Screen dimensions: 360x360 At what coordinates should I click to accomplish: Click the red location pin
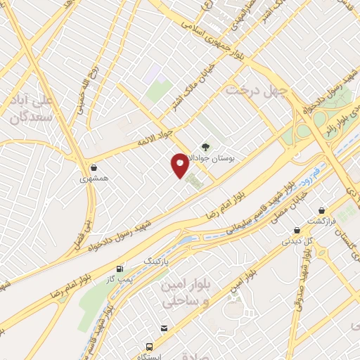tap(180, 165)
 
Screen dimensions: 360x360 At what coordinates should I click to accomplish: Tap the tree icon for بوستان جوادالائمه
tap(205, 147)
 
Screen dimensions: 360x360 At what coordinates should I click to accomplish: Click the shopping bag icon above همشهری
tap(94, 167)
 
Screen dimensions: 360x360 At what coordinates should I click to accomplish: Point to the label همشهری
tap(94, 179)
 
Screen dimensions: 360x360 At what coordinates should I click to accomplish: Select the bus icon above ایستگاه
tap(149, 347)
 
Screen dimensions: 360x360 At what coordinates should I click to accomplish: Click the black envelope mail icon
tap(164, 328)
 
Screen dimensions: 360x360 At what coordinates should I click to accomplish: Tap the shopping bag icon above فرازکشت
tap(322, 210)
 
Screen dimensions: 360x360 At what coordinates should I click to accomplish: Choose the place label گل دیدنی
tap(296, 241)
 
